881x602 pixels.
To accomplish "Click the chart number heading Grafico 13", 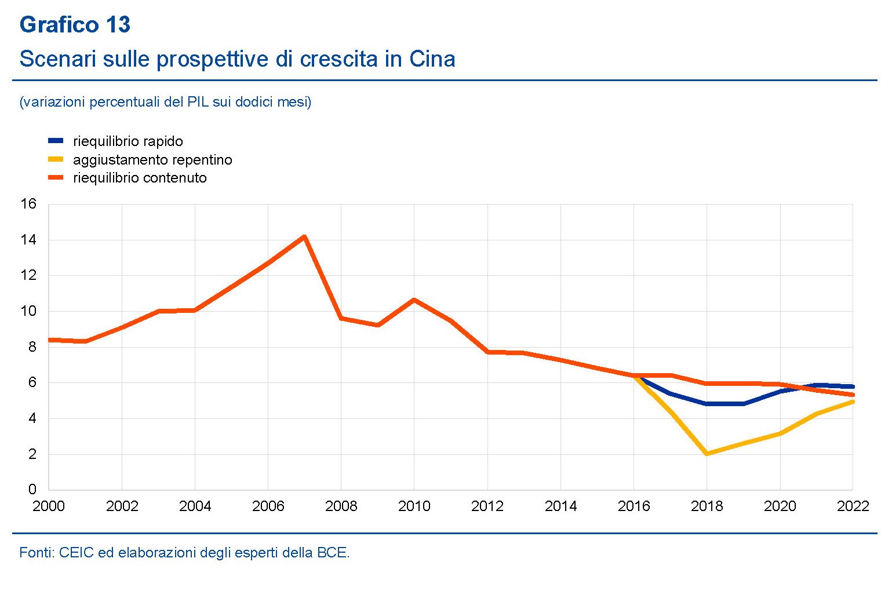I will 75,25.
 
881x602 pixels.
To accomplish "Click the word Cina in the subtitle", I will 432,59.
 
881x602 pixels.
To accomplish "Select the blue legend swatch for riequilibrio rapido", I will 56,141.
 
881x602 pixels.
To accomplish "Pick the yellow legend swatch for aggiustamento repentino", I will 56,159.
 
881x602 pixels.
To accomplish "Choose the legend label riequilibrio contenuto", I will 140,178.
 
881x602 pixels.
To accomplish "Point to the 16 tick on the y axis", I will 28,204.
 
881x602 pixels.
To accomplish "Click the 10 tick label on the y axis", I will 28,311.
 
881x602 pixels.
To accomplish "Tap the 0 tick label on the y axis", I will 32,490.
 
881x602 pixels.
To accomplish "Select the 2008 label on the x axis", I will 341,506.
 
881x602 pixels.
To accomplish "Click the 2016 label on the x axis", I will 634,506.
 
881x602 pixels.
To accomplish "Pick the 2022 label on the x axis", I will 853,506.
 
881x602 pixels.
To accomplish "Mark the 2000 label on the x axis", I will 49,506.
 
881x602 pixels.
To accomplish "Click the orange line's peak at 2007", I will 304,236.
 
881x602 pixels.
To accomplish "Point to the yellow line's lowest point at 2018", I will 707,454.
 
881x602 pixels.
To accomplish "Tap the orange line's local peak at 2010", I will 414,300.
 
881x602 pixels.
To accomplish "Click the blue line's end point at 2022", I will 853,386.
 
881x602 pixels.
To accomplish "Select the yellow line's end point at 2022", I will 853,402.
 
